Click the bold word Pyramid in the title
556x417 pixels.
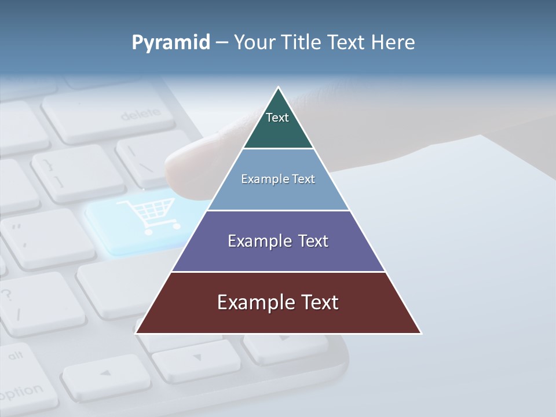coord(171,43)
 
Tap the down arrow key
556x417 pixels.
coord(197,359)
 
